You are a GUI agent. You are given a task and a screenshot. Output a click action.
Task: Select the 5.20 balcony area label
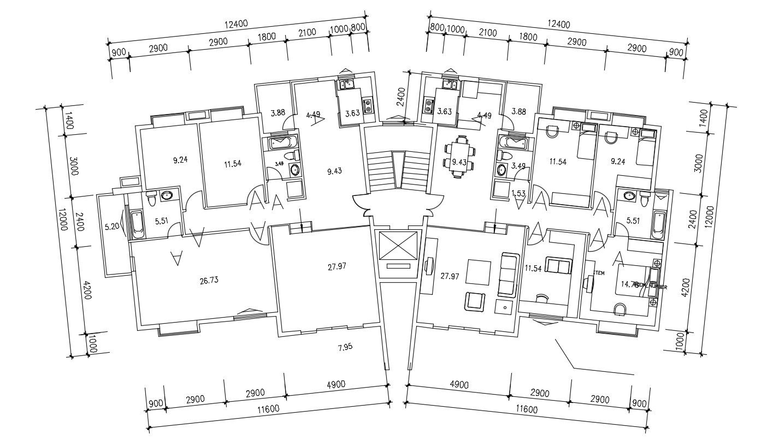click(x=111, y=226)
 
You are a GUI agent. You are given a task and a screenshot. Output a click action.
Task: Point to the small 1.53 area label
click(x=518, y=193)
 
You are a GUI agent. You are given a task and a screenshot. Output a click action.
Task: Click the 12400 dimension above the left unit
click(x=237, y=24)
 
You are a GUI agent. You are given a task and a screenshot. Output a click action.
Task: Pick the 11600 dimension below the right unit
click(x=526, y=409)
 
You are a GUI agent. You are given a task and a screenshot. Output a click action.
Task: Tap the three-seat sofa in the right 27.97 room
click(x=508, y=275)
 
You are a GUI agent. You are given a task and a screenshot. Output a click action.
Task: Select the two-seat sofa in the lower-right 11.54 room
click(x=559, y=266)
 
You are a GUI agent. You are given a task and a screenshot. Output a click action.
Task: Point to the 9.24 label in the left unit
click(x=181, y=160)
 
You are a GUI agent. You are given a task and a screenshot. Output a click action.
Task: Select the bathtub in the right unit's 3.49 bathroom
click(x=512, y=144)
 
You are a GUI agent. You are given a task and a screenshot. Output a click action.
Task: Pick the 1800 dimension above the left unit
click(x=267, y=37)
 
